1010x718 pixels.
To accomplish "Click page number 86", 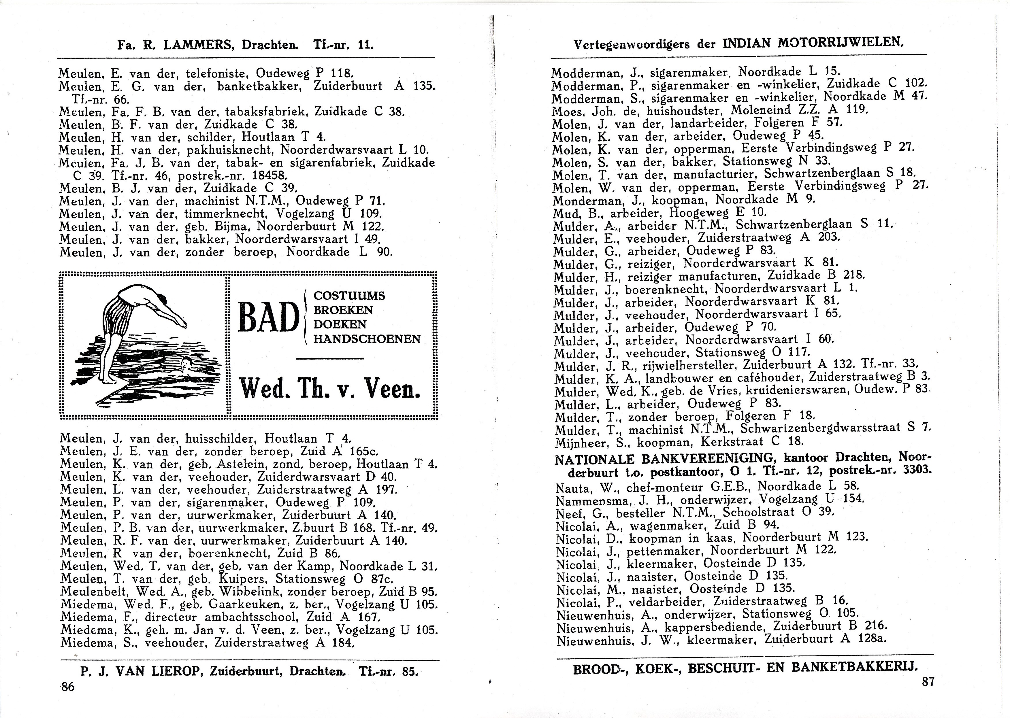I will coord(68,687).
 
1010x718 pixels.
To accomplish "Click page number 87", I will coord(928,681).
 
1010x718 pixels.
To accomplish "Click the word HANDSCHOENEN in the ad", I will coord(367,339).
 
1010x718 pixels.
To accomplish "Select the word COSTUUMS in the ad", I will coord(349,296).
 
